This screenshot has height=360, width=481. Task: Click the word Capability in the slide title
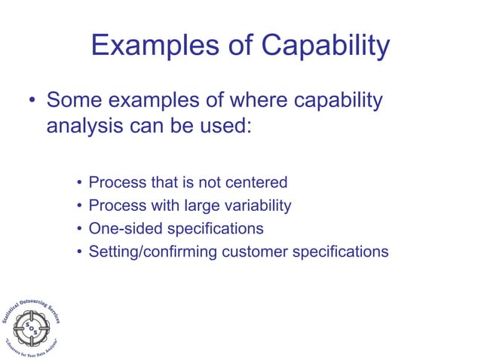pyautogui.click(x=326, y=47)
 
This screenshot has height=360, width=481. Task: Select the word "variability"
pyautogui.click(x=253, y=205)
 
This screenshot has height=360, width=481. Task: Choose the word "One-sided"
pyautogui.click(x=124, y=228)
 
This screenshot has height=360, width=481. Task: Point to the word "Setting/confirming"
pyautogui.click(x=153, y=252)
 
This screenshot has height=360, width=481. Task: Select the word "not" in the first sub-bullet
pyautogui.click(x=208, y=182)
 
